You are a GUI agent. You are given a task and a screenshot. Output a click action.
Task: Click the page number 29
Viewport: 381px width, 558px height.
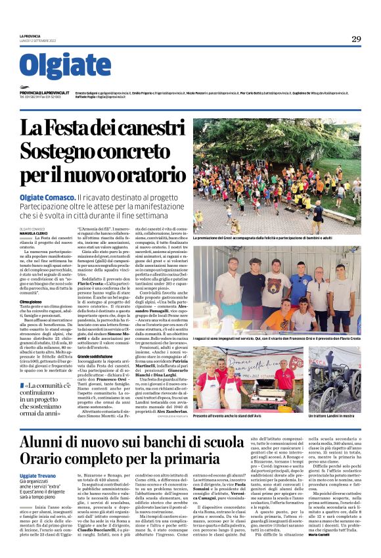click(355, 39)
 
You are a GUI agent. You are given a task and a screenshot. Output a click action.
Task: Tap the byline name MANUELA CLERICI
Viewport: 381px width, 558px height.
click(34, 233)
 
